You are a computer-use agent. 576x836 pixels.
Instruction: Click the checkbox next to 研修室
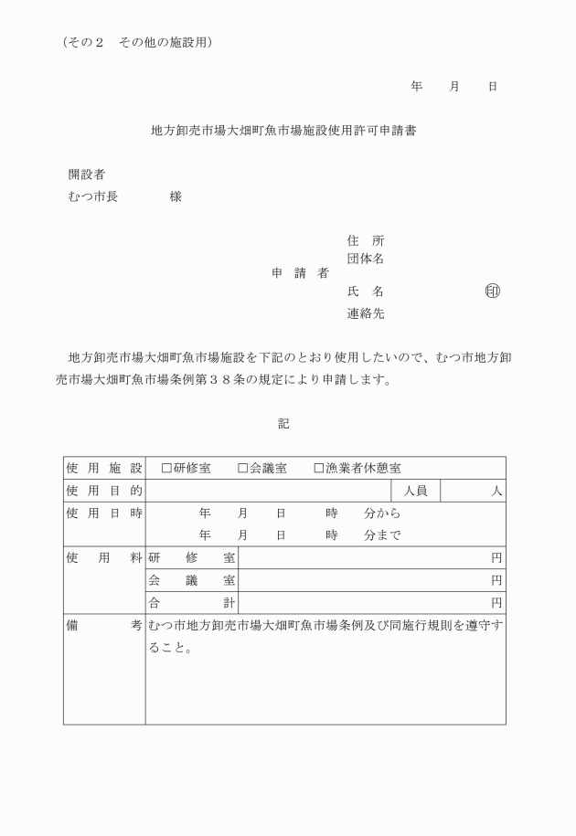(166, 468)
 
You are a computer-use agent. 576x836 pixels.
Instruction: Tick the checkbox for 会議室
(243, 468)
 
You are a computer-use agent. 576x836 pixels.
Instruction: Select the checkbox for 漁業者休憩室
(319, 468)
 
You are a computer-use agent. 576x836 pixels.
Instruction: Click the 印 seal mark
(493, 291)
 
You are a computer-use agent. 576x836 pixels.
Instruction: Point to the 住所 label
(365, 240)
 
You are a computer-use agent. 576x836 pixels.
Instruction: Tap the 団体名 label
(365, 259)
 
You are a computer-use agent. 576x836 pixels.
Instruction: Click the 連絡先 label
(365, 313)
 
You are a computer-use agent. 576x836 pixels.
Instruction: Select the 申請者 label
(300, 273)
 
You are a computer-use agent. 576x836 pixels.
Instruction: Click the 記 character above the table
(283, 423)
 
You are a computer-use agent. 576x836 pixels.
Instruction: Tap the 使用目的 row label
(103, 491)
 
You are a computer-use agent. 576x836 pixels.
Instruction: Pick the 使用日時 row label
(103, 513)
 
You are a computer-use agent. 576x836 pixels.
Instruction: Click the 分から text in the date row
(382, 513)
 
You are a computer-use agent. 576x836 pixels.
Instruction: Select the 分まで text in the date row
(382, 535)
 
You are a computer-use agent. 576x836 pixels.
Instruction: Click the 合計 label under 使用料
(191, 602)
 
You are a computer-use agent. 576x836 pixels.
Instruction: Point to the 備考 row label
(103, 626)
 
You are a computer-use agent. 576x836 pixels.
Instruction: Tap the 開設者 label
(86, 174)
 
